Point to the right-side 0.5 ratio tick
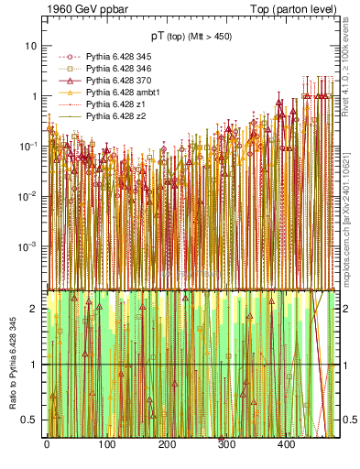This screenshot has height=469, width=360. (347, 420)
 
